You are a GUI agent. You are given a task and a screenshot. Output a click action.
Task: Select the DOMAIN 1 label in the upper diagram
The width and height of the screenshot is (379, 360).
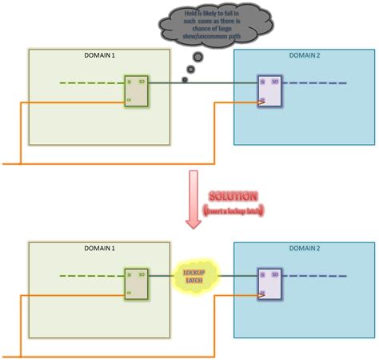(x=99, y=55)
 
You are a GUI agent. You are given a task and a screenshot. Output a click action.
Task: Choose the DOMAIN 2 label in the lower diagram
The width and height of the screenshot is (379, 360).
(x=304, y=250)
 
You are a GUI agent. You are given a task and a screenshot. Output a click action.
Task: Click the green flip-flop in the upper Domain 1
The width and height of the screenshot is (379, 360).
(x=135, y=92)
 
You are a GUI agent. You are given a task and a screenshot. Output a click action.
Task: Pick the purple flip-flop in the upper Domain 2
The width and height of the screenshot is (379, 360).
(x=269, y=92)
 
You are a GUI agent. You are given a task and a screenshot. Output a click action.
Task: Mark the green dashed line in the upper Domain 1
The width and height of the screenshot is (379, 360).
(x=90, y=82)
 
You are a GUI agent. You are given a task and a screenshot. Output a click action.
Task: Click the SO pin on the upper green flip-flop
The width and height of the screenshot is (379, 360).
(x=142, y=82)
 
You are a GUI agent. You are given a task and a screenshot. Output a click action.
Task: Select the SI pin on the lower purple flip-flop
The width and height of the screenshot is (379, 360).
(x=262, y=275)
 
